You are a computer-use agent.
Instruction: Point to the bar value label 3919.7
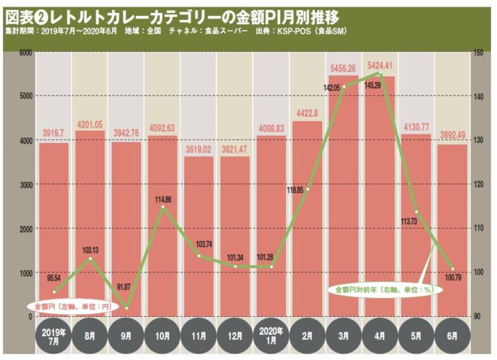(53, 134)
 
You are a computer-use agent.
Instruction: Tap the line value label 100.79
(453, 277)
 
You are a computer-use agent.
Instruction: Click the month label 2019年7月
(54, 337)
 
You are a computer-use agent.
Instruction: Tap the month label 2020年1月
(271, 337)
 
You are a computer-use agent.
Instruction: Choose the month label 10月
(162, 337)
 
